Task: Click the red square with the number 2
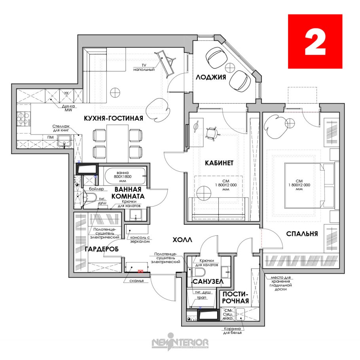(315, 41)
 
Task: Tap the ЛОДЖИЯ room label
(211, 77)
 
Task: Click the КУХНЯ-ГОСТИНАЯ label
(114, 118)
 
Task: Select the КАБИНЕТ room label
(219, 163)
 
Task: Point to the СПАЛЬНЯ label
(302, 234)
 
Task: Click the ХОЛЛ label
(182, 240)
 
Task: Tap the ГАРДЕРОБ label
(102, 249)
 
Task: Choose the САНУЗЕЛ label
(208, 282)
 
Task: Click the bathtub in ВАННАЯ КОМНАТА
(125, 176)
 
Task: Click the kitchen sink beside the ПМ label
(64, 140)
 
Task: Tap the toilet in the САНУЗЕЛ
(200, 273)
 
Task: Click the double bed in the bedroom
(309, 186)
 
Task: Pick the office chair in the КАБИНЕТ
(212, 133)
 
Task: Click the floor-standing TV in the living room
(166, 63)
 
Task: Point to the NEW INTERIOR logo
(180, 342)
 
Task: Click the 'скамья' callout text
(136, 281)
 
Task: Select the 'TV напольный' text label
(144, 68)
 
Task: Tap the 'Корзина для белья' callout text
(232, 331)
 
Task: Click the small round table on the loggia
(230, 68)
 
